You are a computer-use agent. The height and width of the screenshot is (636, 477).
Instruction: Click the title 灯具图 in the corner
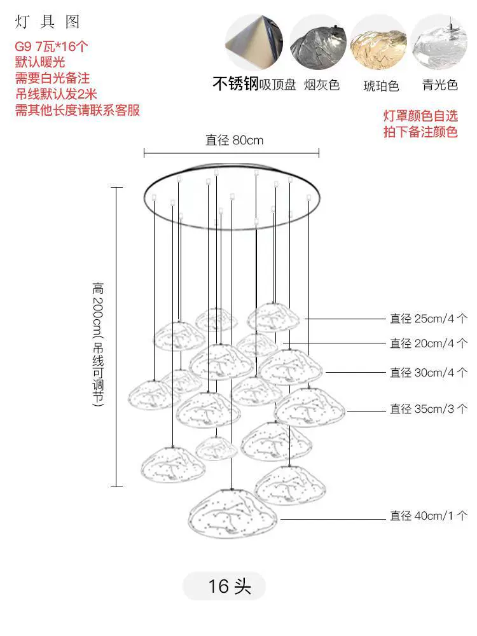tap(47, 22)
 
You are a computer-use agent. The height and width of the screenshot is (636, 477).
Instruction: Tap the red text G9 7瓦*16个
tap(51, 46)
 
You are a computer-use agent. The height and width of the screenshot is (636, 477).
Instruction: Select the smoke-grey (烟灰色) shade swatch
tap(319, 43)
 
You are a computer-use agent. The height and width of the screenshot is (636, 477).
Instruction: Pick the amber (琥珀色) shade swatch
tap(378, 43)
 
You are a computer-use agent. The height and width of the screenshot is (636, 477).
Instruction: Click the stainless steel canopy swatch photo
tap(254, 43)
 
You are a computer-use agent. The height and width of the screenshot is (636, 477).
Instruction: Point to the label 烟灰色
tap(322, 85)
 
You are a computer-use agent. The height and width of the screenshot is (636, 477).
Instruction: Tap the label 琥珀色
tap(381, 86)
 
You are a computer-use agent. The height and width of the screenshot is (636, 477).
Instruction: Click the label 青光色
tap(440, 85)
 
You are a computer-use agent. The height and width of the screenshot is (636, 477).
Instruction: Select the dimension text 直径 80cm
tap(235, 141)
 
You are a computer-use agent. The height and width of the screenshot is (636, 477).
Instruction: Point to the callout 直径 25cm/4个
tap(429, 319)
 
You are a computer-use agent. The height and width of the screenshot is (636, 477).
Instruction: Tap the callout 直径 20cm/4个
tap(429, 343)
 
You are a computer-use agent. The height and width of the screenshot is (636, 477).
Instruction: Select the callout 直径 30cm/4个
tap(429, 372)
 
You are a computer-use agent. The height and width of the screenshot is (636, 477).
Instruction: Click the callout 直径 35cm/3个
tap(429, 408)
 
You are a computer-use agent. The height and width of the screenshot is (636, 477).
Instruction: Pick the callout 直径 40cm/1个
tap(429, 516)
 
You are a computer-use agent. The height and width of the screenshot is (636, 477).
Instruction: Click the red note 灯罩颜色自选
tap(420, 116)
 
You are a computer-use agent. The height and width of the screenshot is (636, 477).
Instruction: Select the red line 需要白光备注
tap(52, 78)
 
